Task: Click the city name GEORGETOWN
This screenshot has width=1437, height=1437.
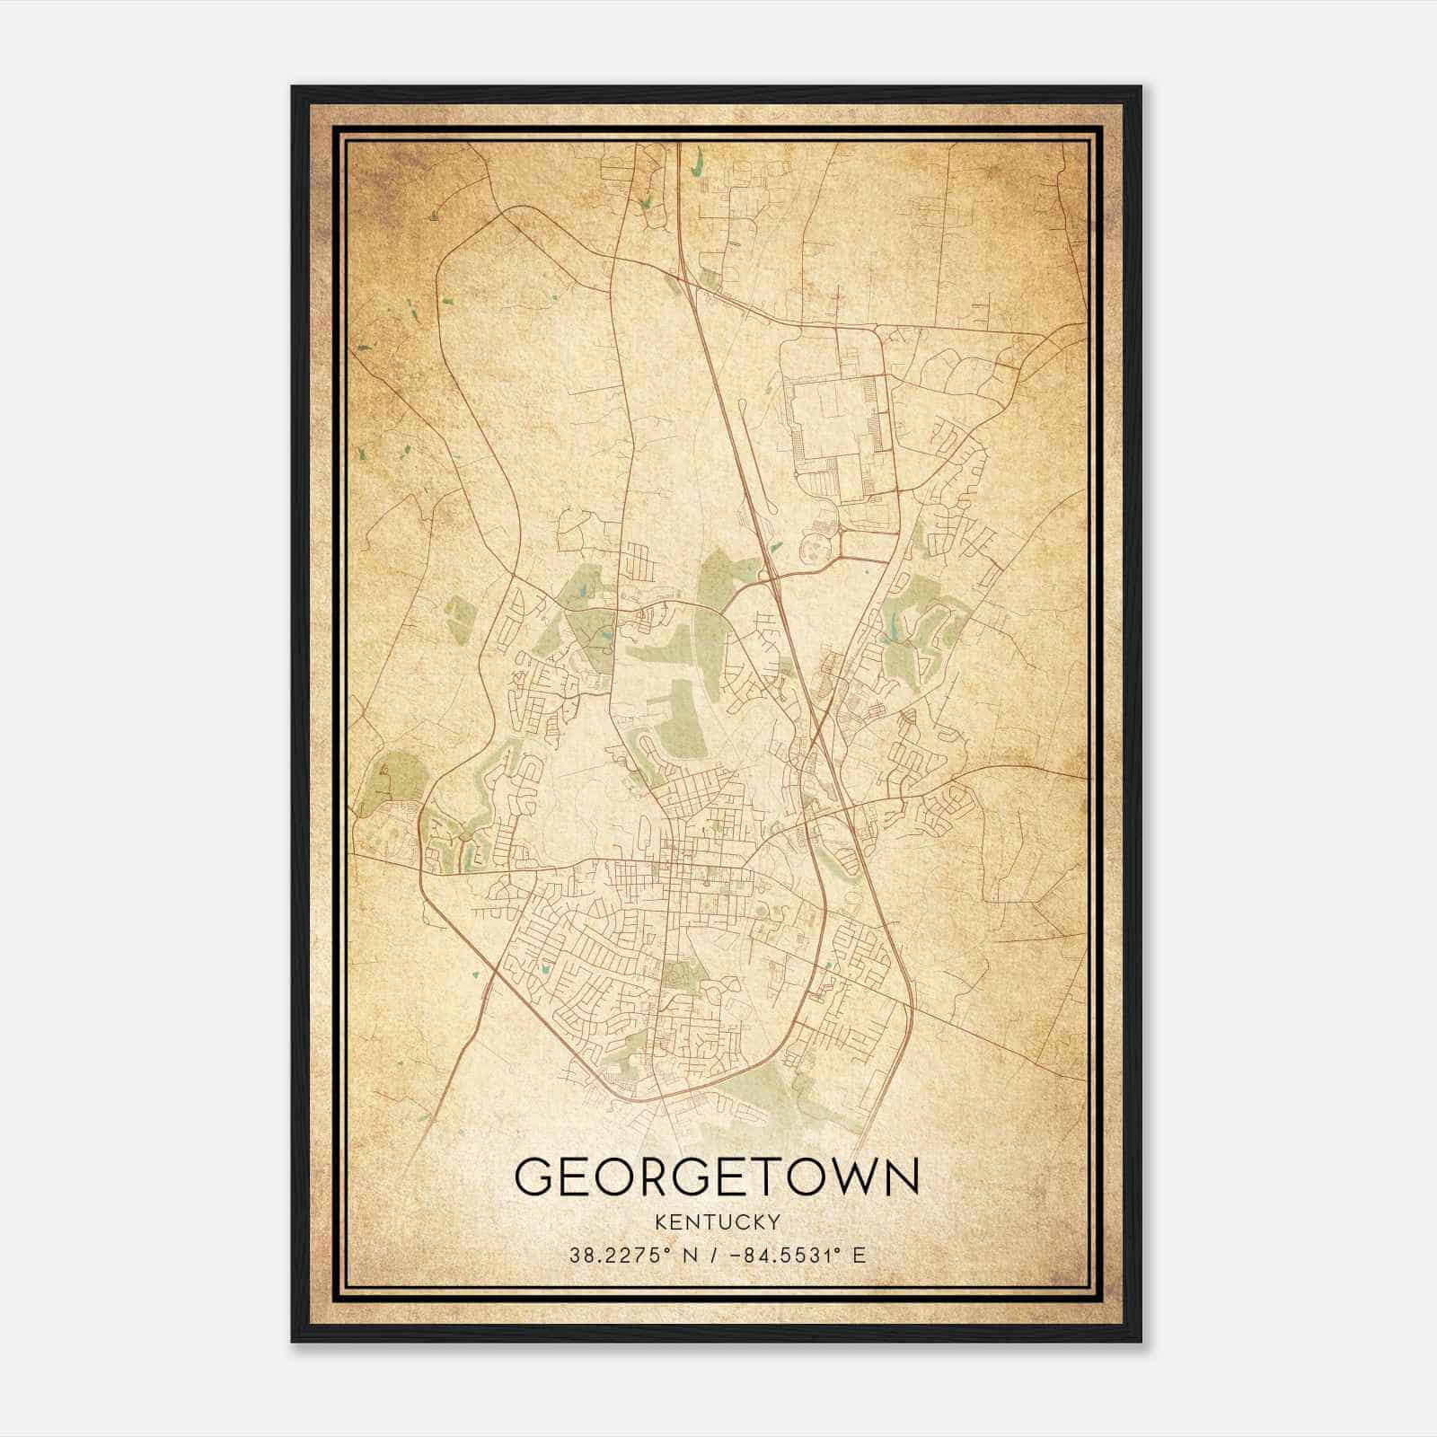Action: pyautogui.click(x=717, y=1177)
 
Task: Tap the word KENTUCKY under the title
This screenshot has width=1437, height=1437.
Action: pyautogui.click(x=717, y=1222)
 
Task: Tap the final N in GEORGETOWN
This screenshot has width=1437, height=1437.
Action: pyautogui.click(x=901, y=1177)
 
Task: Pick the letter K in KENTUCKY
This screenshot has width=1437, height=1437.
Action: pyautogui.click(x=661, y=1222)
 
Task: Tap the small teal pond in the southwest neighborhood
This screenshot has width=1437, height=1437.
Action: pyautogui.click(x=542, y=969)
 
